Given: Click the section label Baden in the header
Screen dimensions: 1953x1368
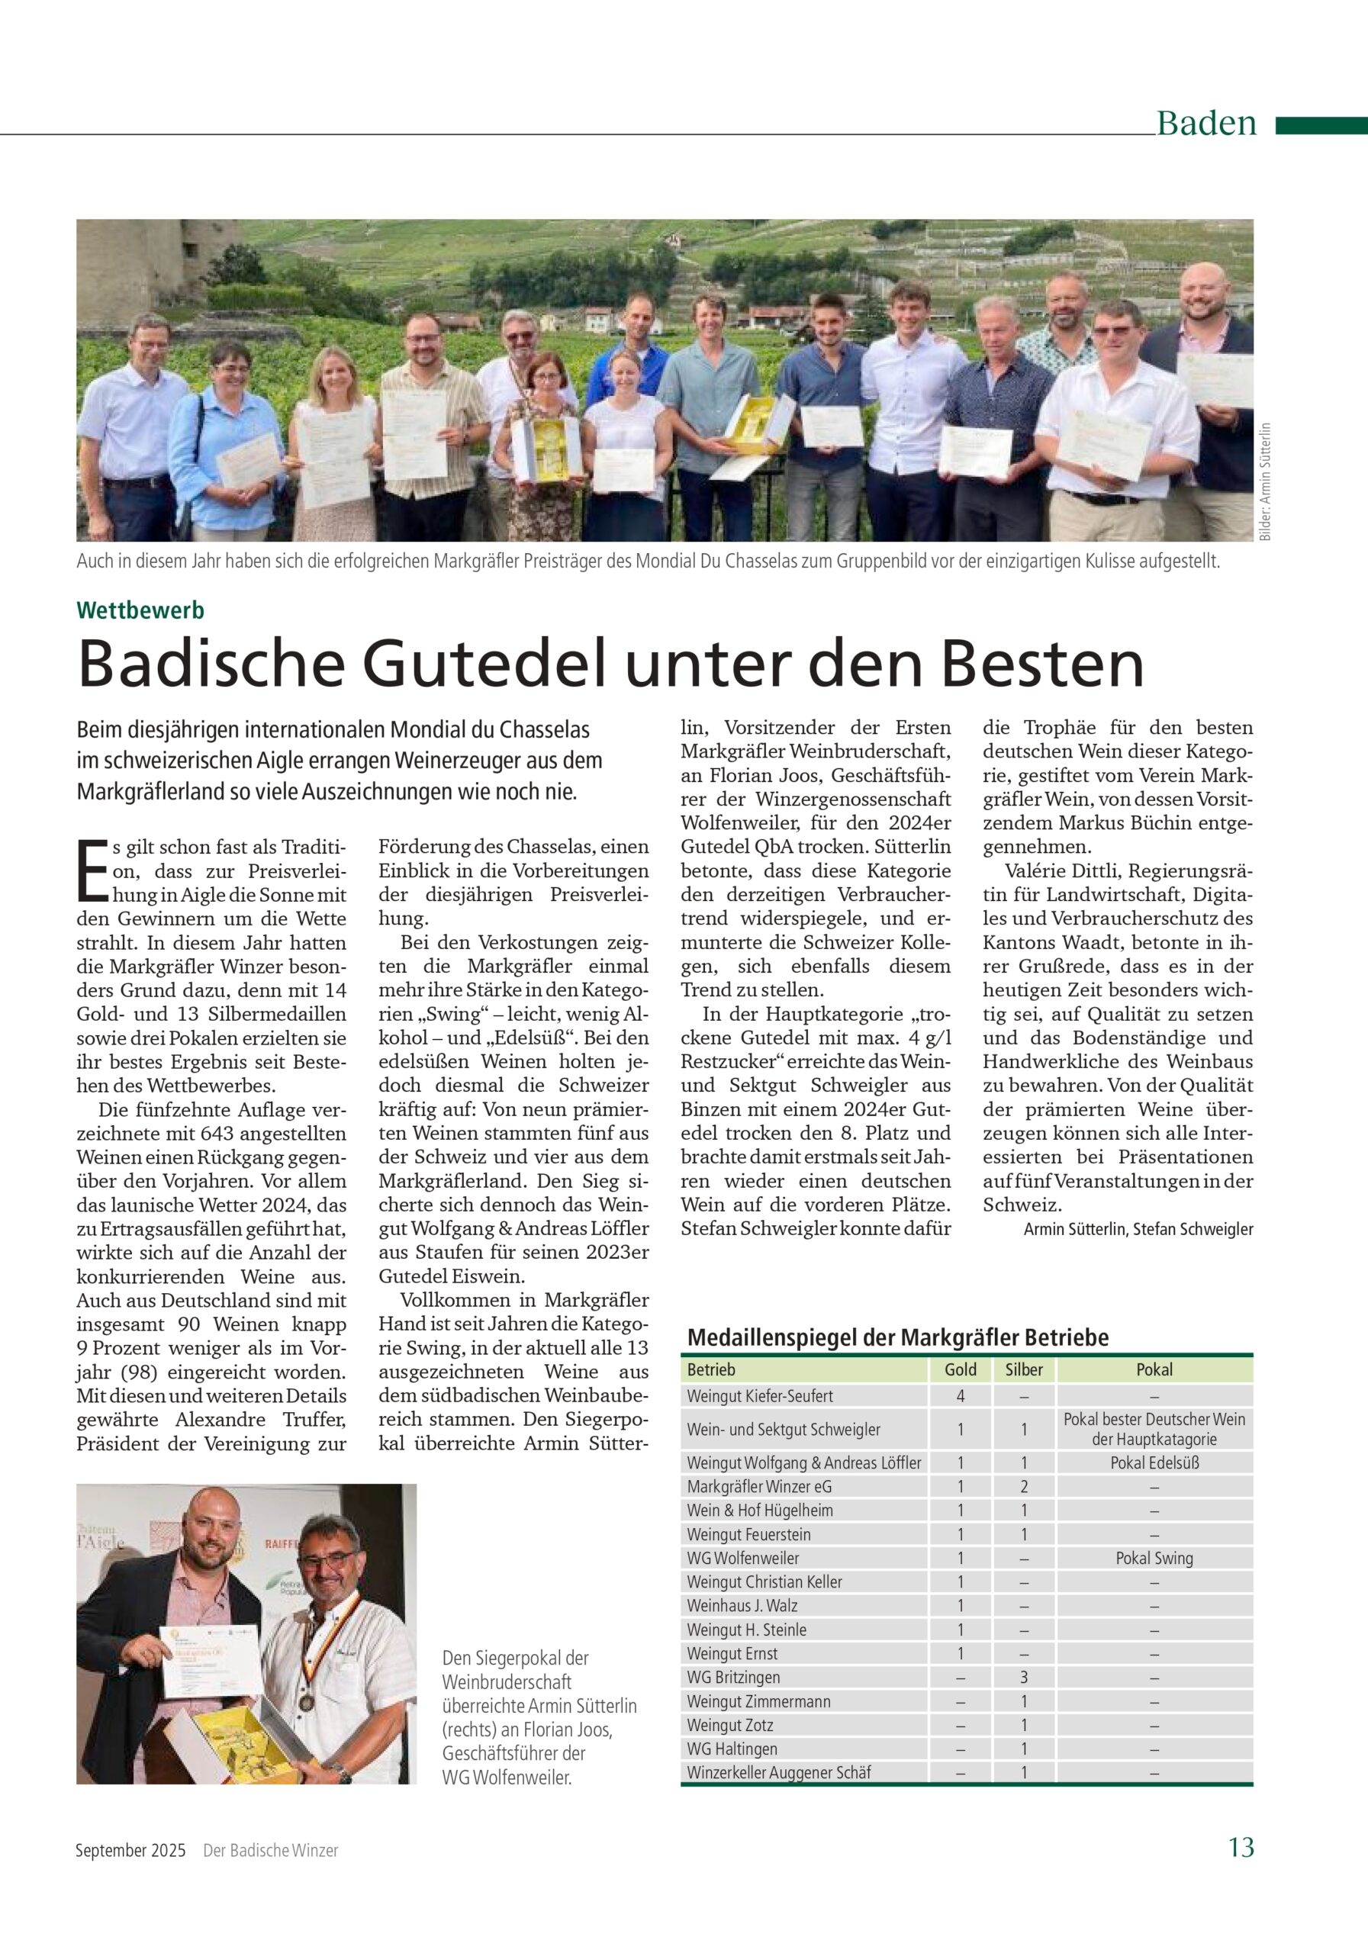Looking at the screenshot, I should (x=1205, y=124).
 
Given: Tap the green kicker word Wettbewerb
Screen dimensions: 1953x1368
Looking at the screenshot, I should (x=140, y=610).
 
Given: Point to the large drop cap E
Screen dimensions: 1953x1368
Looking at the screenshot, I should (x=91, y=870).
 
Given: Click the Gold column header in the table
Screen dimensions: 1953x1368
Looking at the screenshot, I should (x=961, y=1369).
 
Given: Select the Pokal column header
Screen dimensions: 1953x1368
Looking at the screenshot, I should (x=1154, y=1369).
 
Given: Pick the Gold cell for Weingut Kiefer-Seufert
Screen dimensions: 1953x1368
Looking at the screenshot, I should (x=961, y=1396).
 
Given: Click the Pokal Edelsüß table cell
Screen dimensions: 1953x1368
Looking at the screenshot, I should (x=1154, y=1463).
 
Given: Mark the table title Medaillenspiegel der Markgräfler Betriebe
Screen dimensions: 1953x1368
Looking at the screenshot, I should (x=897, y=1337).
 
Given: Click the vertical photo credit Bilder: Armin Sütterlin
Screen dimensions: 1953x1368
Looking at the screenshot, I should (x=1265, y=481).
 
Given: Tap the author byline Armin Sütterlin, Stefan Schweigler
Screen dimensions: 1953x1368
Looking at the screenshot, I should (x=1138, y=1229).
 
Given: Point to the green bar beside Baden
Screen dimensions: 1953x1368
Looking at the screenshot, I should (x=1321, y=126).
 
